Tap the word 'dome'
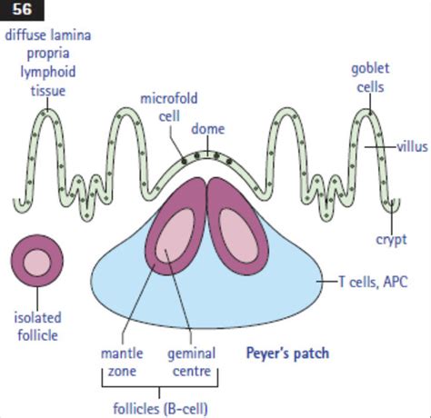point(207,129)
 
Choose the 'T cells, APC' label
point(375,282)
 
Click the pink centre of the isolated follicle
point(37,263)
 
